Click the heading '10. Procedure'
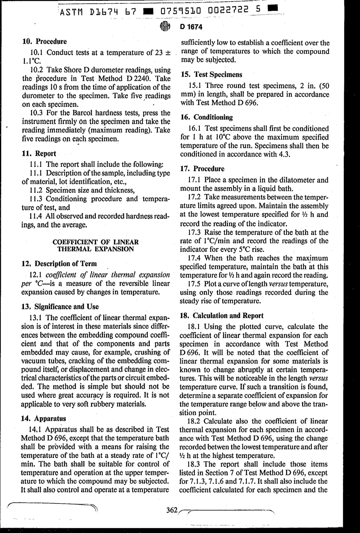[45, 41]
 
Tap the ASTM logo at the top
[164, 27]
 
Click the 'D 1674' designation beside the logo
[191, 27]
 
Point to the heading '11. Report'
[39, 153]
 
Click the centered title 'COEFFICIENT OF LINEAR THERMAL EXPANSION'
[95, 245]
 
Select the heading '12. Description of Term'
[59, 263]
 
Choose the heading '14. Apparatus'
[44, 419]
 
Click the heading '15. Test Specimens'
[211, 75]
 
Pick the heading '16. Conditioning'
[207, 117]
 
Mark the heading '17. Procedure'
[202, 169]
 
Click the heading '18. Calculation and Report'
[222, 316]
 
